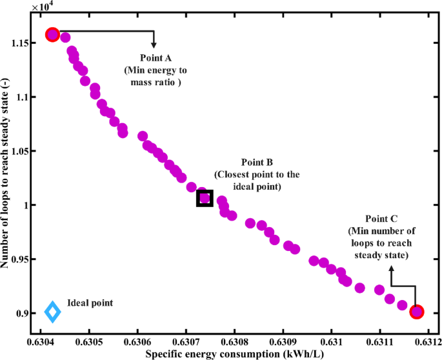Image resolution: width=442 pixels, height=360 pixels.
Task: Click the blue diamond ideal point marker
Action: tap(52, 312)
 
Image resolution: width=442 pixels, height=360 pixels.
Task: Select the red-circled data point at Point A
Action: tap(53, 35)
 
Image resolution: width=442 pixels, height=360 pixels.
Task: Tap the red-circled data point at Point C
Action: tap(417, 312)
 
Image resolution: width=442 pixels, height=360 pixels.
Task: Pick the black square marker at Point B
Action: tap(205, 198)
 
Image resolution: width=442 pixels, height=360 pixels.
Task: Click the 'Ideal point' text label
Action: tap(90, 303)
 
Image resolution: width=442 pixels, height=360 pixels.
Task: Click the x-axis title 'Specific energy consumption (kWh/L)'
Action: tap(234, 354)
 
